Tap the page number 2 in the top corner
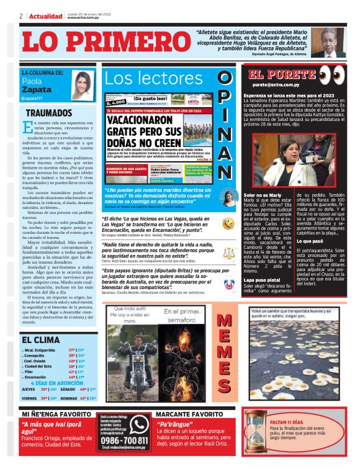point(21,16)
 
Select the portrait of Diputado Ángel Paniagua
point(328,42)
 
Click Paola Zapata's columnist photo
point(82,86)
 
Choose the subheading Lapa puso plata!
point(261,280)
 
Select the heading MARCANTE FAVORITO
point(190,413)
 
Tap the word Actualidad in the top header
point(46,16)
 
